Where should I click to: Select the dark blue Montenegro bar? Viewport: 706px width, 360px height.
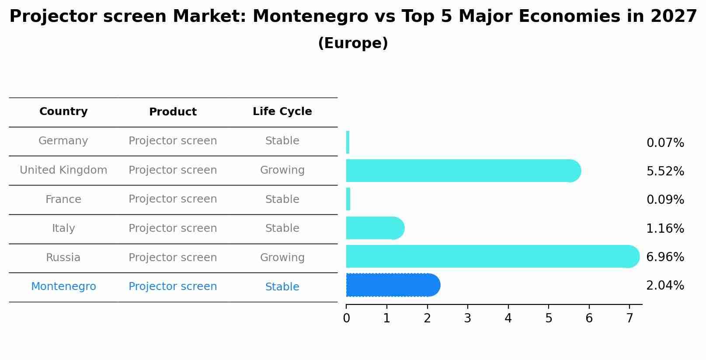[x=393, y=285]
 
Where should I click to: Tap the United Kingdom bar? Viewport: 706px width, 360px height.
[x=463, y=171]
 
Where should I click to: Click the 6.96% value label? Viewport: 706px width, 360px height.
[x=665, y=257]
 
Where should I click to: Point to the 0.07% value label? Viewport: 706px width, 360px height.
[x=665, y=143]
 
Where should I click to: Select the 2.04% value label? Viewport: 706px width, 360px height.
[x=665, y=286]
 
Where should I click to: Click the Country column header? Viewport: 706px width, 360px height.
[x=63, y=112]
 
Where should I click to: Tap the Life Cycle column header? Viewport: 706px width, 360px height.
[x=282, y=112]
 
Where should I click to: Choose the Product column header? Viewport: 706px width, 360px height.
[x=173, y=112]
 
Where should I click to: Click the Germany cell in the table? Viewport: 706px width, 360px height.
[x=63, y=141]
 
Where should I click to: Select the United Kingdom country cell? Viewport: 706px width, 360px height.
[x=63, y=170]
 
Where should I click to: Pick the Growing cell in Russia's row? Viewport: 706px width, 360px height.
[x=282, y=258]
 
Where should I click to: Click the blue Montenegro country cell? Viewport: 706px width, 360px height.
[x=63, y=287]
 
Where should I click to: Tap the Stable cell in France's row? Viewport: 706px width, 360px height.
[x=282, y=199]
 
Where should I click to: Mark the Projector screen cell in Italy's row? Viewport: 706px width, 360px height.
[x=173, y=228]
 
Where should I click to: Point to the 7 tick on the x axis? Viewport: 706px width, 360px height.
[x=629, y=318]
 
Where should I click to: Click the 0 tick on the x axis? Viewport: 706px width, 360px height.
[x=346, y=318]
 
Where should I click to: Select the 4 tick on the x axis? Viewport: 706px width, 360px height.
[x=508, y=318]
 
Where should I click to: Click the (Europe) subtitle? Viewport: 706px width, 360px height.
[x=353, y=43]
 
